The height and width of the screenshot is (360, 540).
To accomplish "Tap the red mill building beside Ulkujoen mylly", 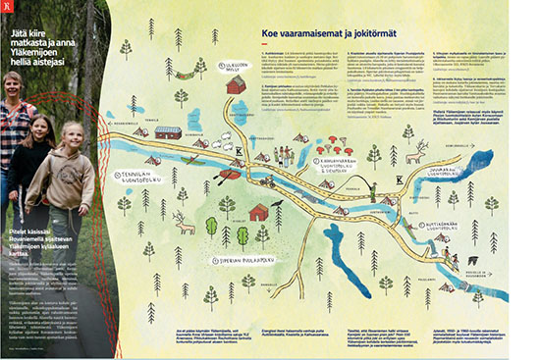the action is click(x=237, y=86).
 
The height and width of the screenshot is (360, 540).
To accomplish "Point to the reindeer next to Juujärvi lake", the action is click(x=421, y=151).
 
